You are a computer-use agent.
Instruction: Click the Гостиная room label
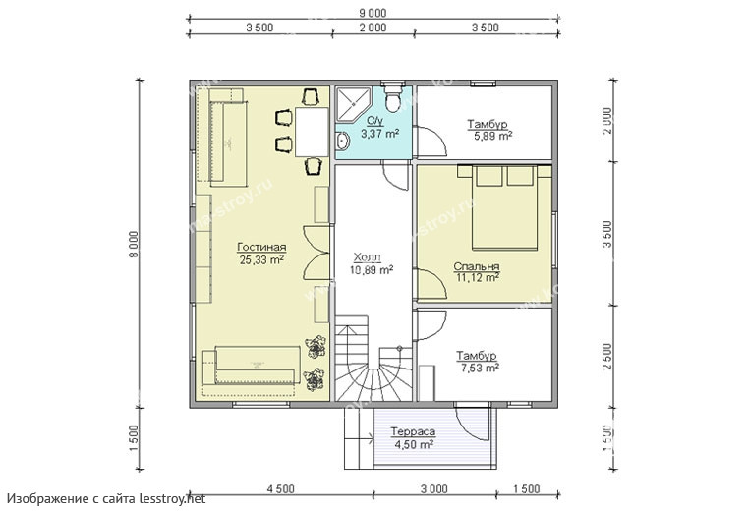(x=261, y=248)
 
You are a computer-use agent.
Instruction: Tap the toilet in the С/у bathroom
(x=392, y=97)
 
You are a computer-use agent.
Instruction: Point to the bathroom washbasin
(x=342, y=142)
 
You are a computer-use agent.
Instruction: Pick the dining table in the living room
(x=312, y=132)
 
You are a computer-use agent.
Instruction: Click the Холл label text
(x=368, y=258)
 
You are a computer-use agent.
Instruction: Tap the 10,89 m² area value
(x=372, y=270)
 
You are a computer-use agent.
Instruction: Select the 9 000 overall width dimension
(x=373, y=14)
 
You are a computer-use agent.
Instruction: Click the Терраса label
(x=413, y=432)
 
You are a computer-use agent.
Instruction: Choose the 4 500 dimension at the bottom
(x=280, y=489)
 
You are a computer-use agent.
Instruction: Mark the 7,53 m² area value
(x=480, y=368)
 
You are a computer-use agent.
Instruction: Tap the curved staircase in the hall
(x=374, y=362)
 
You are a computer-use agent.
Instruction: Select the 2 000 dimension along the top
(x=373, y=28)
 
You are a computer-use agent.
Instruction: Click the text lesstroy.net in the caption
(x=172, y=498)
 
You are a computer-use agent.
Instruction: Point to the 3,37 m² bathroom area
(x=379, y=134)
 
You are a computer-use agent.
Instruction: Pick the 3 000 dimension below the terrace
(x=434, y=489)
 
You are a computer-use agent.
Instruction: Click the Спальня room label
(x=477, y=266)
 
